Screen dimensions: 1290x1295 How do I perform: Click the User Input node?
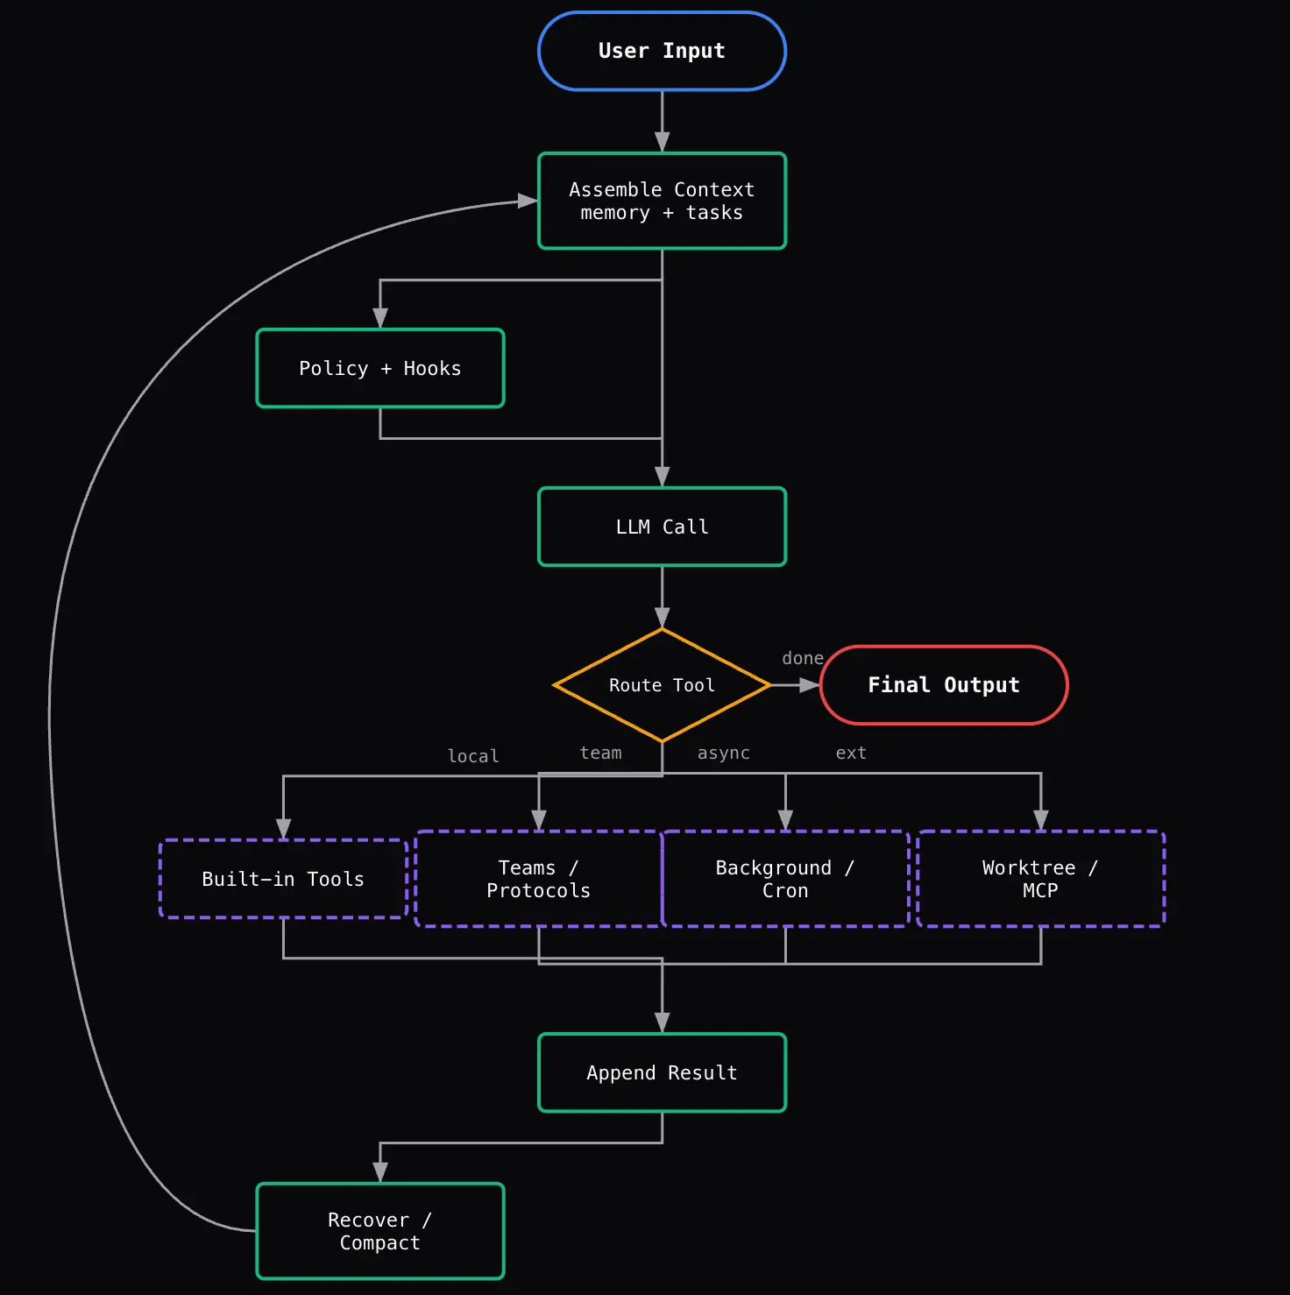point(662,51)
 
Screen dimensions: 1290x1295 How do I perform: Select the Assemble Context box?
point(662,201)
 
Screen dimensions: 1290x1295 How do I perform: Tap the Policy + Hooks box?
point(380,368)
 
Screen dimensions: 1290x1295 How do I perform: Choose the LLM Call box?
point(662,527)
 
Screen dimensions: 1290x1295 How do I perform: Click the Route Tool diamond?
point(662,685)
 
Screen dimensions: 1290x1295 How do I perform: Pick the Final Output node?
point(944,685)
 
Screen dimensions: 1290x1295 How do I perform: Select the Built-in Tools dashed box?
point(283,879)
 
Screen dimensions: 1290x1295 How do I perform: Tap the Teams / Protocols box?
point(539,879)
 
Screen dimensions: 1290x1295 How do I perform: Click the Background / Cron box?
point(785,879)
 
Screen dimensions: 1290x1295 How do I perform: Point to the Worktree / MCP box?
point(1040,879)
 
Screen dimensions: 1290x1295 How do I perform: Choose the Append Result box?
point(662,1072)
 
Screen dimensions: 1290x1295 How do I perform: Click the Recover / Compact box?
point(380,1231)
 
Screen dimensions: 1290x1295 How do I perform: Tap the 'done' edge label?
point(803,658)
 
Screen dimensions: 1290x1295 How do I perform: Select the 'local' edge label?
point(473,756)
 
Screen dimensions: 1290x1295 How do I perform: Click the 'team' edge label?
point(601,753)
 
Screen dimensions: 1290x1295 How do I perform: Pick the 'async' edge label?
point(724,753)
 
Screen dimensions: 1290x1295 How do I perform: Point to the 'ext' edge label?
point(851,753)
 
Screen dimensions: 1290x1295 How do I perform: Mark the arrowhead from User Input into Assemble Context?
point(662,143)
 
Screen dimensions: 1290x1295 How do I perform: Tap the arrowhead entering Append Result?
point(662,1023)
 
